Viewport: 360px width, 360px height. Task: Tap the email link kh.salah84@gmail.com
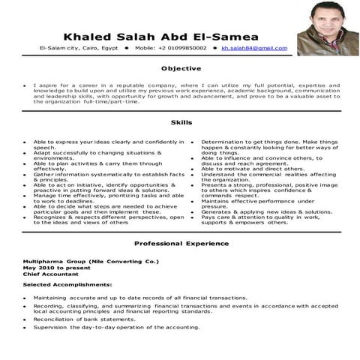click(253, 49)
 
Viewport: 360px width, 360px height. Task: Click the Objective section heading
click(180, 68)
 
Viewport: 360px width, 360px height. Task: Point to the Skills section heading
click(180, 122)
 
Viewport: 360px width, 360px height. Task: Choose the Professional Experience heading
click(180, 244)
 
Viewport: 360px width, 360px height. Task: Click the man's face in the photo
click(323, 29)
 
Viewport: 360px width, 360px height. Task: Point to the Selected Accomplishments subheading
click(67, 285)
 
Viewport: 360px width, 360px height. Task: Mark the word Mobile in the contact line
click(146, 49)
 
